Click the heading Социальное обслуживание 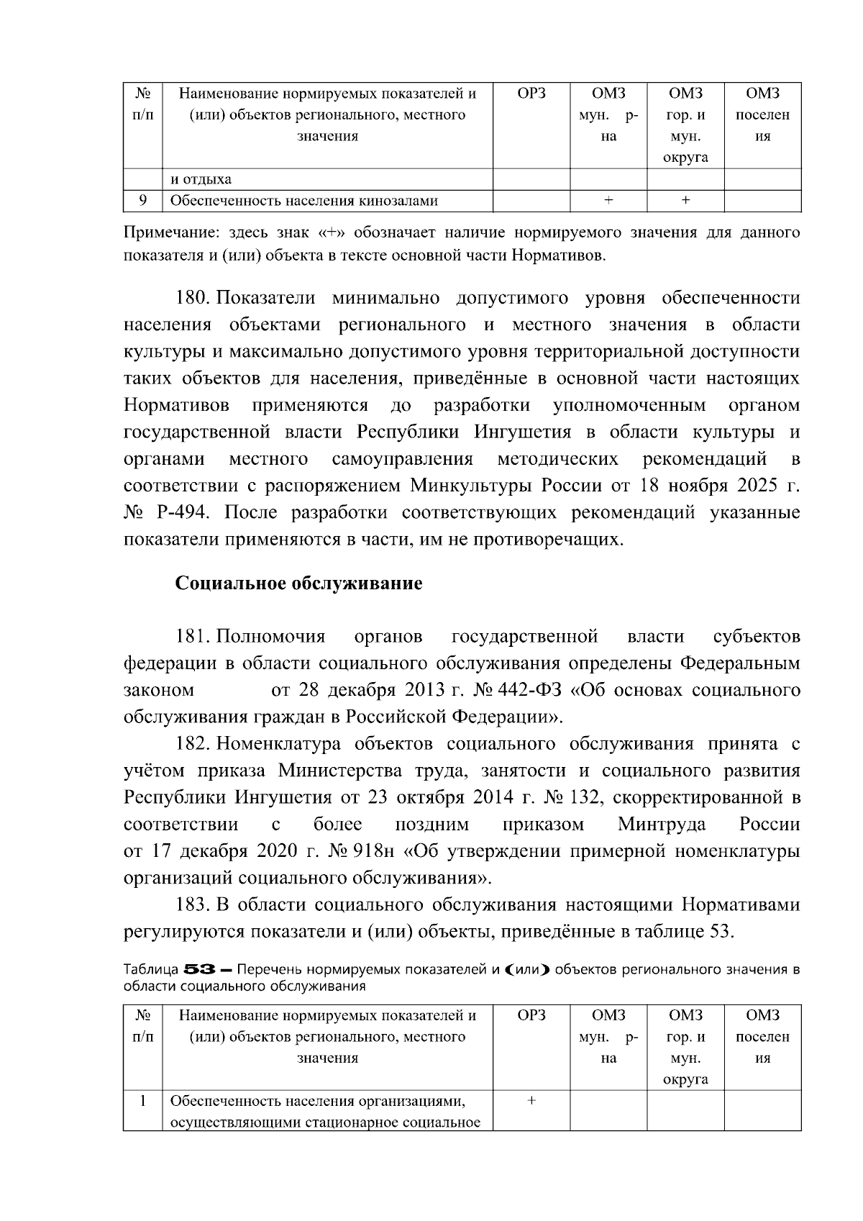[298, 584]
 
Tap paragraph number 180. [192, 299]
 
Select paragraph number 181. [192, 637]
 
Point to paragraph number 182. [192, 744]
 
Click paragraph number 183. [192, 905]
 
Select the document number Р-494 [183, 513]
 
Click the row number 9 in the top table [142, 201]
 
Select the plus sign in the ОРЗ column [531, 1101]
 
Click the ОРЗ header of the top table [531, 94]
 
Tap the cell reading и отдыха [201, 179]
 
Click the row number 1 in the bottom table [142, 1101]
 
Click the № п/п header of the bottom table [142, 1026]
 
